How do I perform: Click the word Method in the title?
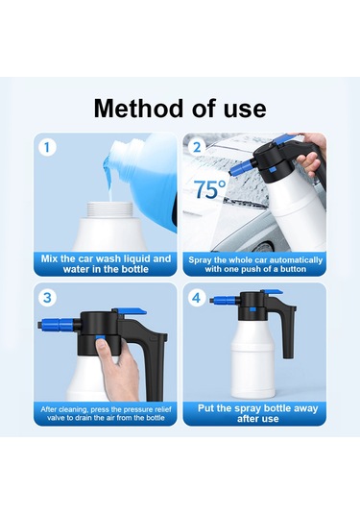[138, 109]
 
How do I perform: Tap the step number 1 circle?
[47, 148]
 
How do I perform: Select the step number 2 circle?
[197, 148]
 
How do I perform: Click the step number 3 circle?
[47, 298]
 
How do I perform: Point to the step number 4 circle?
[196, 298]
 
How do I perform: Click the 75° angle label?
[210, 189]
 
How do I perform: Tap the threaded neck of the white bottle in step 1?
[110, 209]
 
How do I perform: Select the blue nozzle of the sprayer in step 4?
[225, 300]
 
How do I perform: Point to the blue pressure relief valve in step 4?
[252, 309]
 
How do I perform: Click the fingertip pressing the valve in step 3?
[103, 344]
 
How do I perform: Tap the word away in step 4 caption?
[305, 408]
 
